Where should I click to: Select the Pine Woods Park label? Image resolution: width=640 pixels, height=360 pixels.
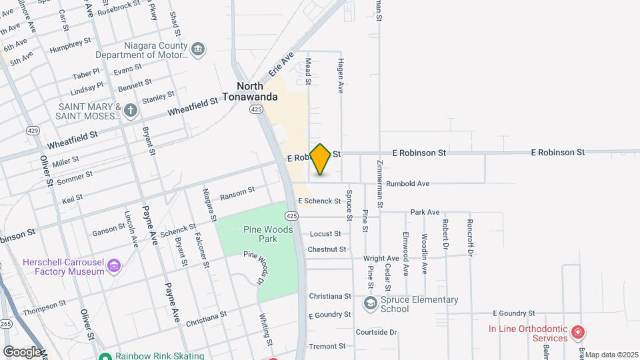tap(259, 234)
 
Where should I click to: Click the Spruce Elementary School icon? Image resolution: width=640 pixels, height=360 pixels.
tap(369, 304)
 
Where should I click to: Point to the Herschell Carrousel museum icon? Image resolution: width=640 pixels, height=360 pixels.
tap(114, 267)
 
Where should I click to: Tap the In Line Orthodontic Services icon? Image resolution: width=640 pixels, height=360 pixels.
tap(578, 331)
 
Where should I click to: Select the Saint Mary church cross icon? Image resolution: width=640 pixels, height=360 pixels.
tap(131, 110)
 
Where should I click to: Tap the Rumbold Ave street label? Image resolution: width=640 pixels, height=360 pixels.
tap(407, 183)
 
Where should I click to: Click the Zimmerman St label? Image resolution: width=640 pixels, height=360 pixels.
tap(378, 186)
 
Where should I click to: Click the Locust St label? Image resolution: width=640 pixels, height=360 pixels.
tap(325, 234)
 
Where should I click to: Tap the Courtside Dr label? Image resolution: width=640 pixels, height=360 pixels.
tap(376, 332)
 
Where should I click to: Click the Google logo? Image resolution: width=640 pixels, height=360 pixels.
tap(22, 351)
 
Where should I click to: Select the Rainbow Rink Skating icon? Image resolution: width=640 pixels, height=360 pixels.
tap(105, 356)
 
